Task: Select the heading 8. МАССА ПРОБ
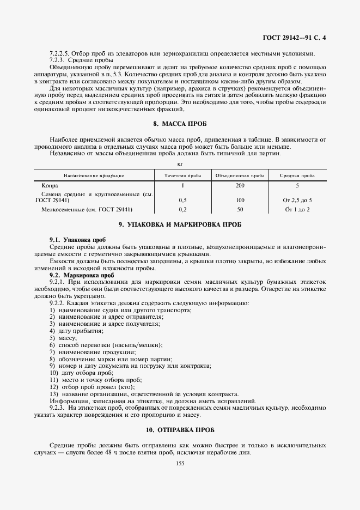click(x=180, y=124)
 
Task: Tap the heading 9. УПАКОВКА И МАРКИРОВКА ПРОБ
click(x=180, y=224)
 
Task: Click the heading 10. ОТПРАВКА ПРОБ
click(x=180, y=430)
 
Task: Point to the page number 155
click(x=180, y=463)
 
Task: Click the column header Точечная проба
click(x=182, y=175)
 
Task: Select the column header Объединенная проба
click(x=240, y=175)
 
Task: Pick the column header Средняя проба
click(x=297, y=175)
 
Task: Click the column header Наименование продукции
click(x=94, y=175)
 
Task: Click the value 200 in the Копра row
click(x=240, y=186)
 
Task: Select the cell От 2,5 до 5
click(x=297, y=200)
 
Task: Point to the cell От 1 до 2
click(x=297, y=209)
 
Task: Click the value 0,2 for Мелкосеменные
click(x=182, y=209)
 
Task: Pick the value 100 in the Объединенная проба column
click(x=240, y=200)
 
